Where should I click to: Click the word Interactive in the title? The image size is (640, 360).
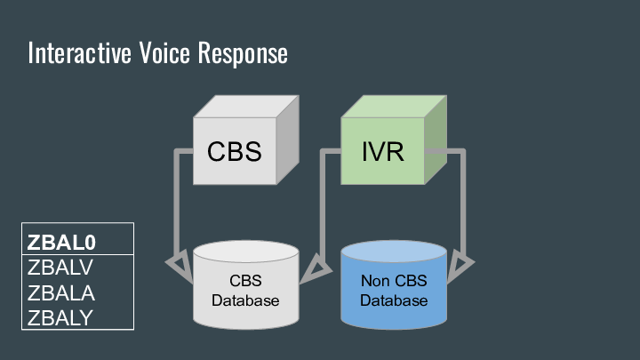[78, 53]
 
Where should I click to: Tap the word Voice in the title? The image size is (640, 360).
[164, 53]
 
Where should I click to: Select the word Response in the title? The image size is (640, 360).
[244, 53]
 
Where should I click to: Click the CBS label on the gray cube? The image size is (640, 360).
[235, 151]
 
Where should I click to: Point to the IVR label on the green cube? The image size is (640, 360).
[383, 151]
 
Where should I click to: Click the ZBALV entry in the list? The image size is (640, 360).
[60, 267]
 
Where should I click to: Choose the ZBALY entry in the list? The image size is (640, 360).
[60, 316]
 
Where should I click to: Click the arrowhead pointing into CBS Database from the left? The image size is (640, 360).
[180, 263]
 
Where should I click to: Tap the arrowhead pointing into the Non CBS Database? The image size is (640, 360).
[460, 265]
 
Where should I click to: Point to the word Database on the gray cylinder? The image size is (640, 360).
[245, 300]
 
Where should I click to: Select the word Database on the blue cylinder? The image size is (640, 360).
[394, 300]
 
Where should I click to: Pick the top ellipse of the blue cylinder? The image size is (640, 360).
[394, 251]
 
